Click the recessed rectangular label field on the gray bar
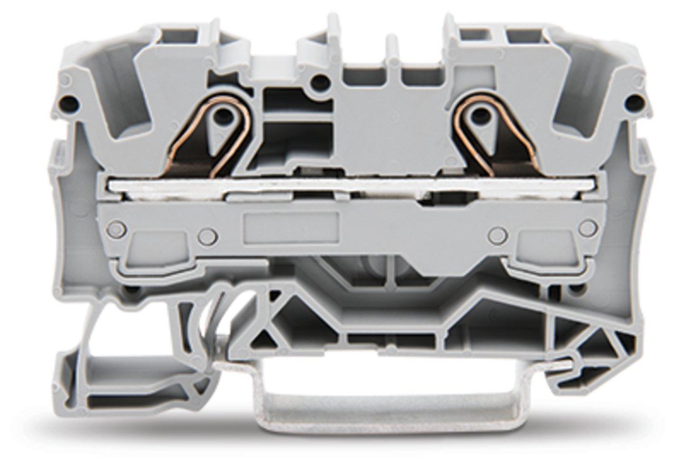(x=290, y=228)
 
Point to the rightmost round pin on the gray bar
(x=588, y=228)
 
